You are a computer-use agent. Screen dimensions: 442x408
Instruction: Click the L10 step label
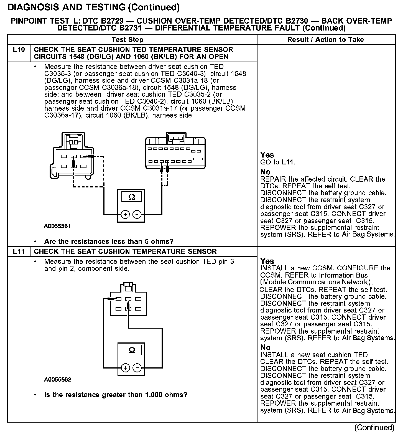(x=19, y=50)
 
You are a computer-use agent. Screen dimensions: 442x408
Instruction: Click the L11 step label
(x=19, y=252)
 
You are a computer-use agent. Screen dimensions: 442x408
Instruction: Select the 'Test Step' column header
(x=127, y=40)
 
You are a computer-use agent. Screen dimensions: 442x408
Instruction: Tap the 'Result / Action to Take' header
(x=326, y=40)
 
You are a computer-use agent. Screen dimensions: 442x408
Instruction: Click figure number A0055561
(x=57, y=226)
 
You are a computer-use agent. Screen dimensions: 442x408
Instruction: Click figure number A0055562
(x=58, y=380)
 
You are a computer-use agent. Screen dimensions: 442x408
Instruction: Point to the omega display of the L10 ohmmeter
(x=132, y=197)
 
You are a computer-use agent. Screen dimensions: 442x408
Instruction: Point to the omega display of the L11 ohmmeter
(x=132, y=350)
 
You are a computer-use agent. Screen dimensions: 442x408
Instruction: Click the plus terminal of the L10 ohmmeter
(x=125, y=214)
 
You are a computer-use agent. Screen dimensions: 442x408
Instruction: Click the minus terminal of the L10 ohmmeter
(x=137, y=214)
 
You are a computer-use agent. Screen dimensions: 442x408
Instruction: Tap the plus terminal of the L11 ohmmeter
(x=126, y=368)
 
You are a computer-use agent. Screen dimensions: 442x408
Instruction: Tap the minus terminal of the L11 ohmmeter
(x=137, y=368)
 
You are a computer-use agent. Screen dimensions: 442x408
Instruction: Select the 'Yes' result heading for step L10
(x=267, y=155)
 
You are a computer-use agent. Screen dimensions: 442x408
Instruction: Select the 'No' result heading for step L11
(x=265, y=347)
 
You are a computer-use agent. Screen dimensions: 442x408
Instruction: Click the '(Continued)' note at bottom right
(x=374, y=428)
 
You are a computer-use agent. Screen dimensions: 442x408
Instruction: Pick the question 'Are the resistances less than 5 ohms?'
(x=109, y=242)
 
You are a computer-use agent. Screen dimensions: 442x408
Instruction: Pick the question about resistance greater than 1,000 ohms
(x=116, y=395)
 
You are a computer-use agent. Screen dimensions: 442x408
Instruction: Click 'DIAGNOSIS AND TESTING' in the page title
(x=67, y=7)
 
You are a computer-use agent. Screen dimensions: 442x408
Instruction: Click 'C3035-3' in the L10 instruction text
(x=58, y=74)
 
